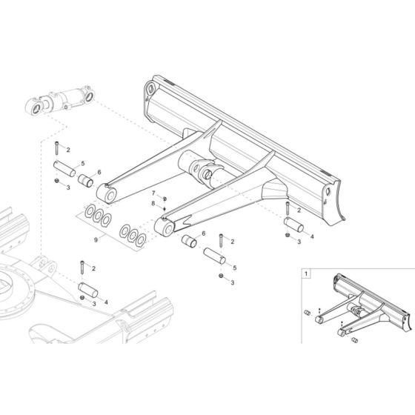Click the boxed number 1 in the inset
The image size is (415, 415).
pos(306,273)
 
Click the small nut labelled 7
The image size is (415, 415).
pos(164,198)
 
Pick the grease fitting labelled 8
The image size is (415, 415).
pos(163,209)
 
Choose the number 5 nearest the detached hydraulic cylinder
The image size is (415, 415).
pos(82,163)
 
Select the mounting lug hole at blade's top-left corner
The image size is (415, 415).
pos(152,90)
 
